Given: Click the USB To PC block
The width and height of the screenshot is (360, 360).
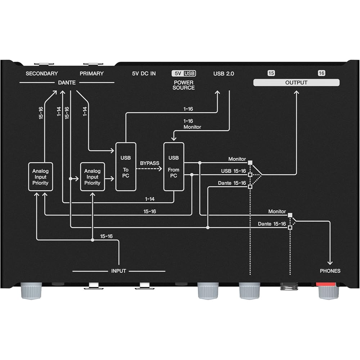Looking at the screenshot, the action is (126, 167).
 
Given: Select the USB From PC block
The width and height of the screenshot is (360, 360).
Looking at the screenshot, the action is (174, 167).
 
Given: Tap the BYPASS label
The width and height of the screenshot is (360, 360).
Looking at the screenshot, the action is (149, 163).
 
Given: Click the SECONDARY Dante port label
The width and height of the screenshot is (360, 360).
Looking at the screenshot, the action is (42, 73).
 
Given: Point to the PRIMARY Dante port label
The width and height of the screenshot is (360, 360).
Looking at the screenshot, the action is (91, 73).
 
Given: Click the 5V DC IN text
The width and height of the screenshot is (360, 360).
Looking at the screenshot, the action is (144, 73).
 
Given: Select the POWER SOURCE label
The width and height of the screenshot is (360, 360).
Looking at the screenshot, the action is (184, 85).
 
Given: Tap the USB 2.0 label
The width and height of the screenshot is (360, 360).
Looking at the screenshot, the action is (224, 73).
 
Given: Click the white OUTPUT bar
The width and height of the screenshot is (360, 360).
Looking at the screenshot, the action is (296, 82).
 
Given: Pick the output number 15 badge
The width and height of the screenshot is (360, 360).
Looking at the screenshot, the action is (271, 73).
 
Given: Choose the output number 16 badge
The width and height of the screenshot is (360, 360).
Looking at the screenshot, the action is (321, 73).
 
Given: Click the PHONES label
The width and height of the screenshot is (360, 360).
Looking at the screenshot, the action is (330, 271).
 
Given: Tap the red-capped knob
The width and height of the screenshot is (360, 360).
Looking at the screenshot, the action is (329, 291).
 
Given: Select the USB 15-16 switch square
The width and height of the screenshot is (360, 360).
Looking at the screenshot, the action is (250, 175).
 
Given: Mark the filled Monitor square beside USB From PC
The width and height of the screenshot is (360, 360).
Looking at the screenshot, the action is (250, 163).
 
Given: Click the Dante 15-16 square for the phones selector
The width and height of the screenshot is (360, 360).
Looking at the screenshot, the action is (290, 228).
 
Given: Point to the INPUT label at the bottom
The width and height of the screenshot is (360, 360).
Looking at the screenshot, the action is (118, 271).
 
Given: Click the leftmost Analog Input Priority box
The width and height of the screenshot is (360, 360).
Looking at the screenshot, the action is (40, 177).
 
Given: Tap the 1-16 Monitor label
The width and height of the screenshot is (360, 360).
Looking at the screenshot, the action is (192, 124).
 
